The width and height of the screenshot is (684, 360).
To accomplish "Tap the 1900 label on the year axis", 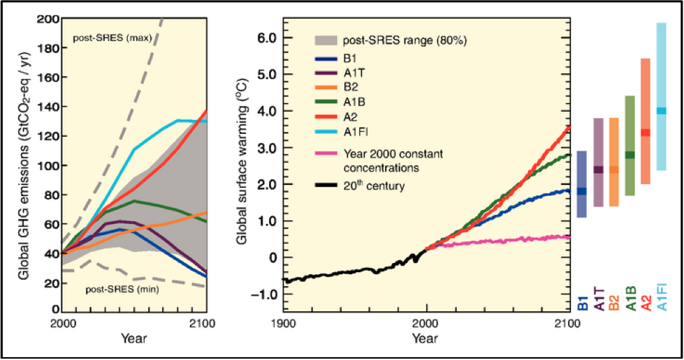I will [x=282, y=323].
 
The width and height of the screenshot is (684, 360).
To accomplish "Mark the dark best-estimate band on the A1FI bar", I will [x=661, y=111].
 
